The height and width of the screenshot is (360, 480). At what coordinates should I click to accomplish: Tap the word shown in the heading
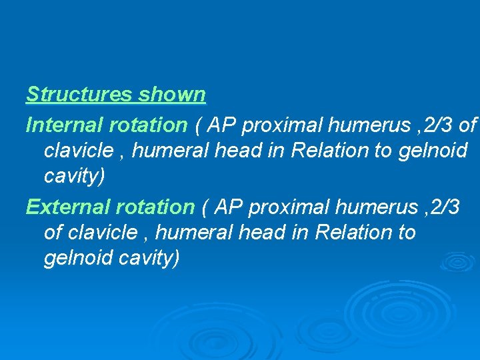tap(172, 95)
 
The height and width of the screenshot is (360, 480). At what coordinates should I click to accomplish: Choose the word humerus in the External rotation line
tap(377, 207)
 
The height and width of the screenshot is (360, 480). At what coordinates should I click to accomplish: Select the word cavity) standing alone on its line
tap(74, 176)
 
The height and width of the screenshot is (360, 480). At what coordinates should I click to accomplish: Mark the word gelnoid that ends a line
tap(433, 151)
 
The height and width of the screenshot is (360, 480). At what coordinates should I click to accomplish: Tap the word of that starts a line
tap(53, 233)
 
